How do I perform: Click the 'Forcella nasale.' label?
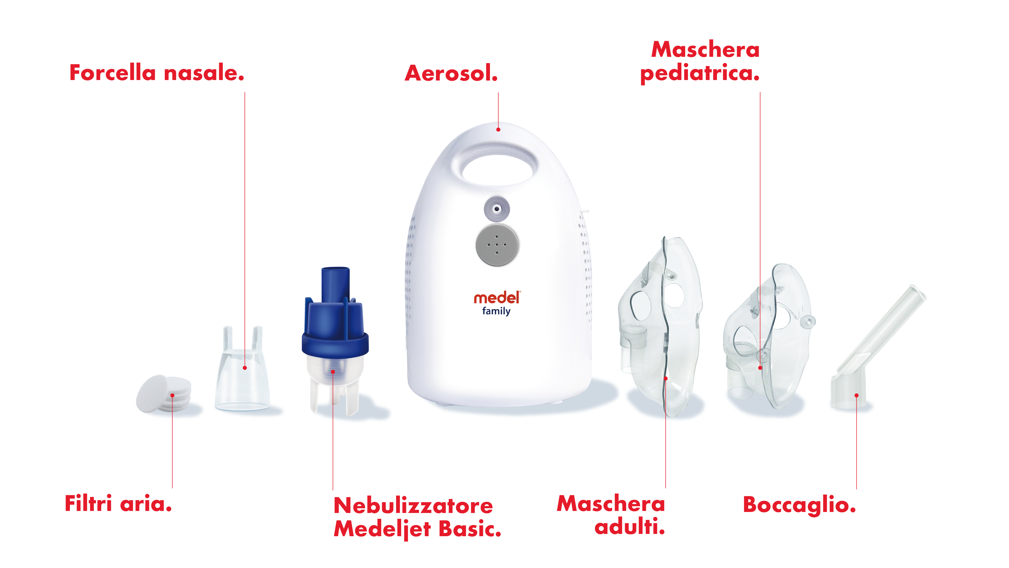tap(157, 73)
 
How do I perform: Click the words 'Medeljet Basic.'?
tap(417, 529)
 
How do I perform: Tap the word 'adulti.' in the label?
tap(630, 526)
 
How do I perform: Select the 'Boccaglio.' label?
tap(799, 505)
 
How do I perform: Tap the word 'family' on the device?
tap(496, 311)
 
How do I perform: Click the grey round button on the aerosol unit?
tap(497, 245)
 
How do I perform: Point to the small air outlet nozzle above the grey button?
tap(497, 209)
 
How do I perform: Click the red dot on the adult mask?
tap(665, 378)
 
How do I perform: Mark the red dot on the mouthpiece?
tap(857, 396)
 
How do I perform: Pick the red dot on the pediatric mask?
tap(760, 368)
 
